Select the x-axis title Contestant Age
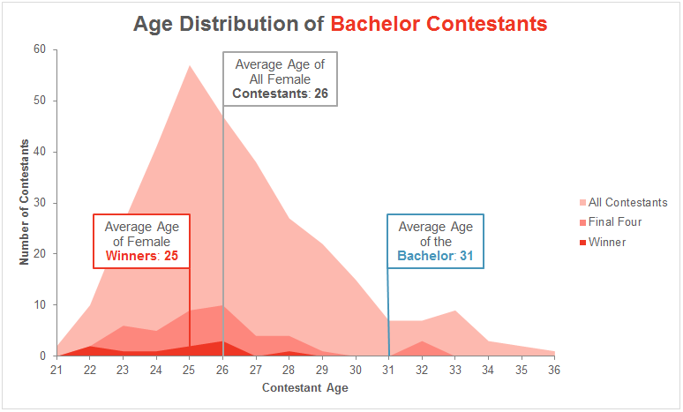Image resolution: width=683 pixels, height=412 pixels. click(305, 388)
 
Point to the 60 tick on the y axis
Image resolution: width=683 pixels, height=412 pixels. click(40, 49)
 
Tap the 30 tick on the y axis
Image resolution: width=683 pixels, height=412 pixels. click(40, 203)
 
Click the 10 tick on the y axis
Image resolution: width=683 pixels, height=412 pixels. click(40, 305)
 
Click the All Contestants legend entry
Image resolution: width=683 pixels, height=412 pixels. click(627, 203)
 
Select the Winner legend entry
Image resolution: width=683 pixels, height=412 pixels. click(607, 242)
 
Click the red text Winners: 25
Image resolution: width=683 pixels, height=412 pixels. click(142, 257)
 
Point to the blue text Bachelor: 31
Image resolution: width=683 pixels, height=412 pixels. click(435, 257)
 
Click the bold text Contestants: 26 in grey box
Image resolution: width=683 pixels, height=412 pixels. click(280, 94)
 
